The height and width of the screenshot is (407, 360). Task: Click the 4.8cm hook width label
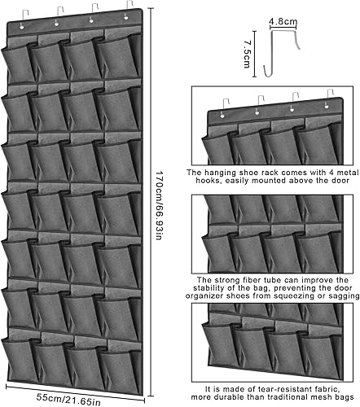(283, 21)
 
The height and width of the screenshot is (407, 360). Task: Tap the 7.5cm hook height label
(247, 54)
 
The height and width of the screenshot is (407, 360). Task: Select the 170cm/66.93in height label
(159, 205)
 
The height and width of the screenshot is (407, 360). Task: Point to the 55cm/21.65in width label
(68, 399)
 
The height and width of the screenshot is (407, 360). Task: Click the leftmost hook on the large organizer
(24, 19)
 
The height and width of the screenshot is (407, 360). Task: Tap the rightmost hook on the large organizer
(129, 10)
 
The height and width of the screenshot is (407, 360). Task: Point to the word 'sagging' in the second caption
(344, 296)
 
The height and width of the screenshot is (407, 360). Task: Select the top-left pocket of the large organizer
(19, 63)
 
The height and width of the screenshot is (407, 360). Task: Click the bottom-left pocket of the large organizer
(20, 361)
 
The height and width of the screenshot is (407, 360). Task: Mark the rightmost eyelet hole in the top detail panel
(327, 107)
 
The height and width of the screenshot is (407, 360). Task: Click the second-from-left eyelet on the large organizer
(56, 24)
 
